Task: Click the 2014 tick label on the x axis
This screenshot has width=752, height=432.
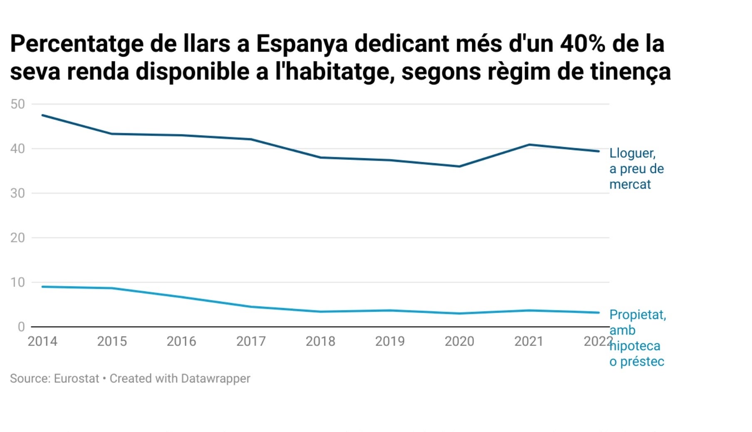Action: (42, 341)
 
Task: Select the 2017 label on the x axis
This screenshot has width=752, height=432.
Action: (251, 341)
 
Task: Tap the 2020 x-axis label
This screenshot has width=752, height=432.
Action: (459, 341)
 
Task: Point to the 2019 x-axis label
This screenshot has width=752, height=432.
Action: (390, 341)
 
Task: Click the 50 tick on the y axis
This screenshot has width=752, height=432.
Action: (17, 104)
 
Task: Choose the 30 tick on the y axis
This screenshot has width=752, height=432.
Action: (17, 193)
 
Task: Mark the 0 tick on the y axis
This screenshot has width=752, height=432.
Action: (21, 327)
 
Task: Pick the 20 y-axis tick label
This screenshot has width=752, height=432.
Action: (17, 238)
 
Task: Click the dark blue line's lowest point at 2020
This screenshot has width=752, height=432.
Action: (459, 166)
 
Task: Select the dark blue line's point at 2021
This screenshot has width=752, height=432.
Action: (529, 145)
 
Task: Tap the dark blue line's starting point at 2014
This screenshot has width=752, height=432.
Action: (42, 115)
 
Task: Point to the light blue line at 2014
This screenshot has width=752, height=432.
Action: (42, 287)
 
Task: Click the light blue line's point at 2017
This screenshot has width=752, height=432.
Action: (251, 307)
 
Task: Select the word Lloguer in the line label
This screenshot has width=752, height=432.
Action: (632, 153)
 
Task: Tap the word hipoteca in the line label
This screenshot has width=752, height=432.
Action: (635, 346)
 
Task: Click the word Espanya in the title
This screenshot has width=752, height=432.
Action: (302, 43)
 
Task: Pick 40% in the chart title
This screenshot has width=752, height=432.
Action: (582, 43)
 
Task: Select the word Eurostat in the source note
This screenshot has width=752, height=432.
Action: (77, 378)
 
